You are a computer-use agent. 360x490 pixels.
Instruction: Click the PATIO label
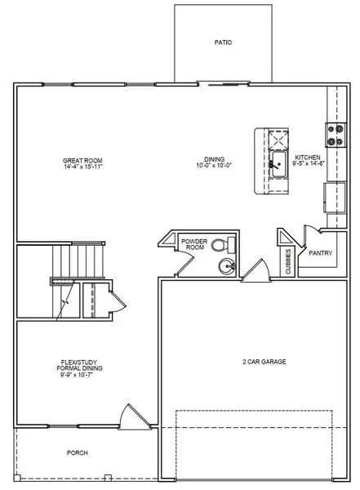pos(223,42)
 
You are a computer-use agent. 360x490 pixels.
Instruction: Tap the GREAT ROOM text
pos(81,160)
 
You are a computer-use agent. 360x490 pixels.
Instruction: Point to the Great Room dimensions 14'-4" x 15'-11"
pos(81,167)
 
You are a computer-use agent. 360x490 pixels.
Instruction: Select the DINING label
pos(215,160)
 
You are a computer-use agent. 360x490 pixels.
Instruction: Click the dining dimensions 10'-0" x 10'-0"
pos(215,167)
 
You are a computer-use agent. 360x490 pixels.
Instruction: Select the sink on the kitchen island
pos(277,163)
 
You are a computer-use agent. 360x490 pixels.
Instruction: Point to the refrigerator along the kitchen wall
pos(333,196)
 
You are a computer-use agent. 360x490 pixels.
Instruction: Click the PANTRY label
pos(321,253)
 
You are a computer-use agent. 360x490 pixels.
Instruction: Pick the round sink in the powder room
pos(225,265)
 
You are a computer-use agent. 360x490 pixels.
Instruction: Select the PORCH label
pos(78,452)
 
